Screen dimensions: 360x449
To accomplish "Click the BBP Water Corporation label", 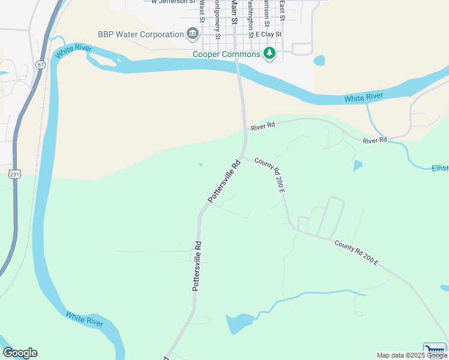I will pos(140,34).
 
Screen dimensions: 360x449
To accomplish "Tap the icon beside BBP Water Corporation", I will pos(193,34).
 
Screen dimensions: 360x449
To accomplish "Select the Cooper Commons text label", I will pos(226,54).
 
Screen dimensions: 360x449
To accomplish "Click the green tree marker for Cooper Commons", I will pos(270,53).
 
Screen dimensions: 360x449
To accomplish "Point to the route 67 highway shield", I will pos(40,64).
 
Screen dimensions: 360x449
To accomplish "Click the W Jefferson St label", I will pos(174,2).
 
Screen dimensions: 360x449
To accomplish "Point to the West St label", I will pos(202,11).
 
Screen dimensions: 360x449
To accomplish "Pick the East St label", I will pos(282,11).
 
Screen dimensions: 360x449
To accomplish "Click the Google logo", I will pos(20,353).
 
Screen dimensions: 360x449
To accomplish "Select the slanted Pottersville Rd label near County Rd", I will pos(224,181).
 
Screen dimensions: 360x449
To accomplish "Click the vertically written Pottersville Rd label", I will pos(197,266).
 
